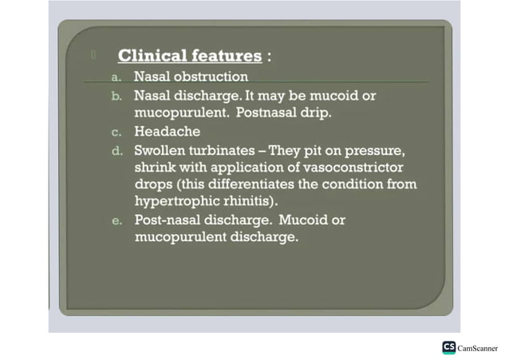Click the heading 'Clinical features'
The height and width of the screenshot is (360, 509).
click(189, 57)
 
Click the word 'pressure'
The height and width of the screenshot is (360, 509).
click(382, 150)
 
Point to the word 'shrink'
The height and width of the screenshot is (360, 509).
click(155, 167)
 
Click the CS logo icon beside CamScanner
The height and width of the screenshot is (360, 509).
click(449, 347)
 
